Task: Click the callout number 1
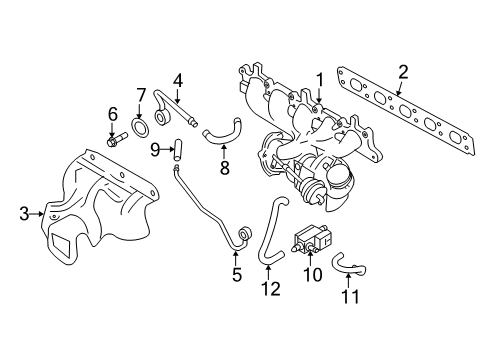(x=320, y=78)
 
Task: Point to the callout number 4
(x=177, y=79)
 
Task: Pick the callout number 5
(x=237, y=274)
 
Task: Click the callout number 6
(x=113, y=114)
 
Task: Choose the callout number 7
(x=141, y=95)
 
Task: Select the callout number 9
(x=156, y=149)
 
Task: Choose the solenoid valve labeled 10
(x=304, y=243)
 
